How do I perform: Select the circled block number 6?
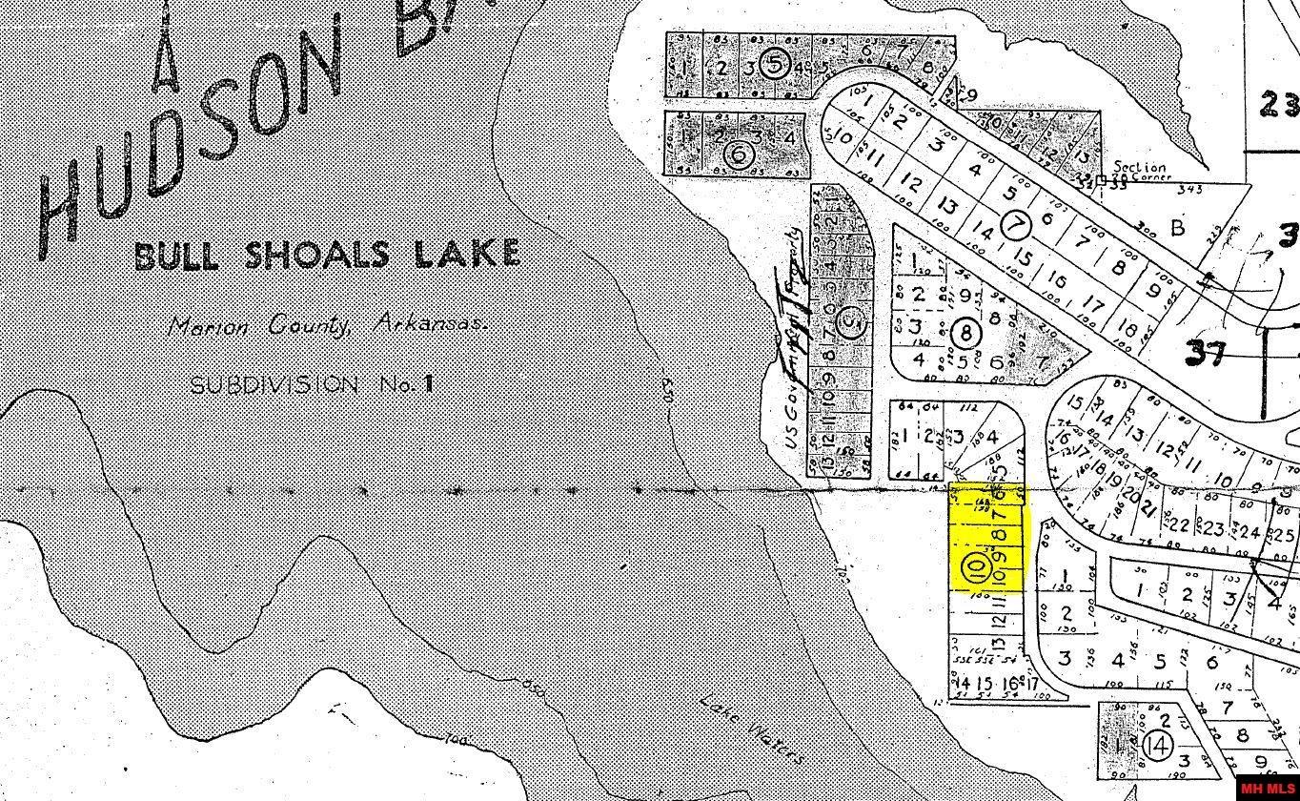(x=736, y=154)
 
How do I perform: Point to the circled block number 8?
(x=966, y=334)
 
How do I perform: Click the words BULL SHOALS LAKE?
(x=327, y=255)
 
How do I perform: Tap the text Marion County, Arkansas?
(x=326, y=325)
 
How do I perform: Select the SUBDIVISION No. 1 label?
(x=312, y=384)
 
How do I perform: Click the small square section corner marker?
(x=1101, y=179)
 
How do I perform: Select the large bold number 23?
(x=1277, y=103)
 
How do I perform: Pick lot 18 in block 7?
(x=1127, y=328)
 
